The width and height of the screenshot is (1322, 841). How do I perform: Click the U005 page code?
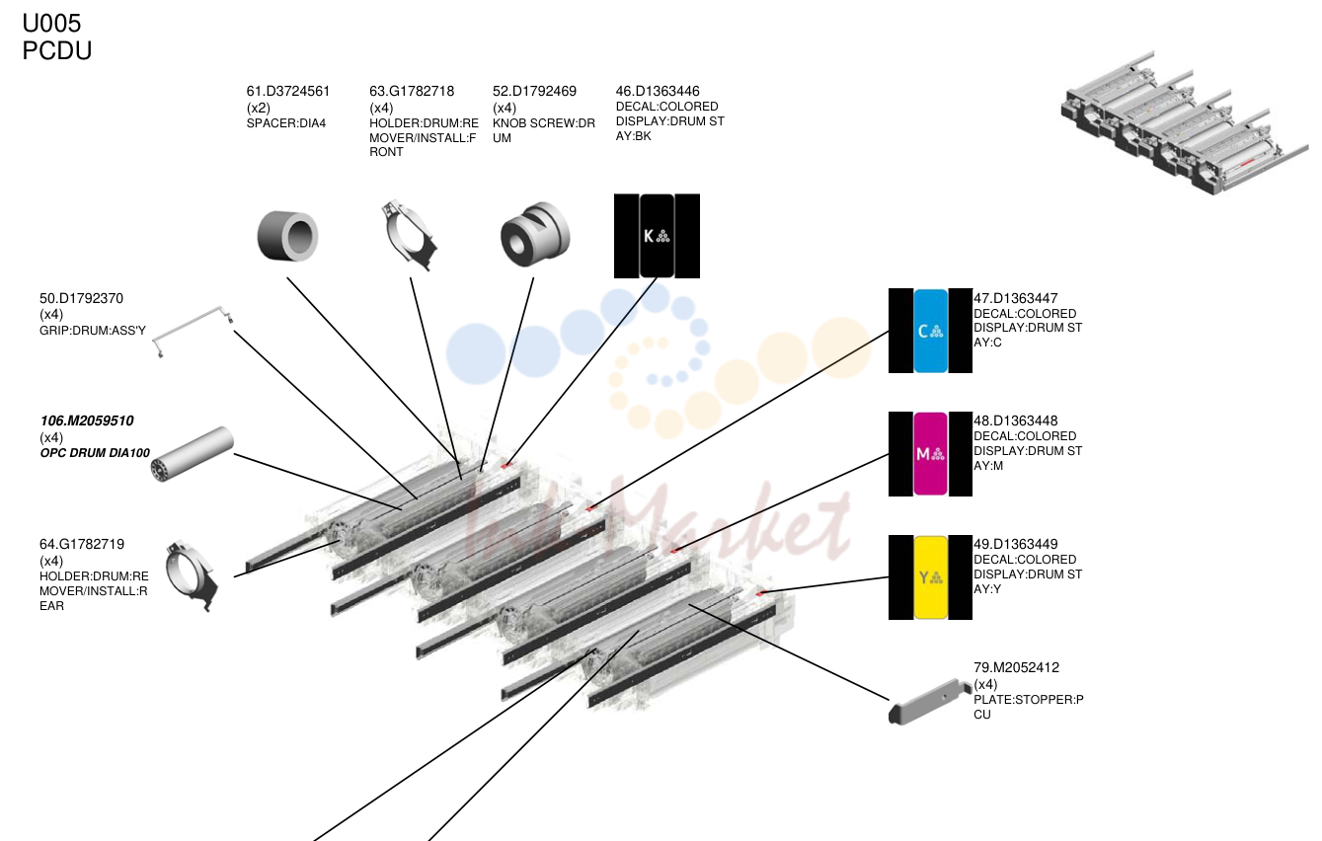tap(51, 24)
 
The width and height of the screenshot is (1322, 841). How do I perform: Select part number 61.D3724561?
tap(288, 91)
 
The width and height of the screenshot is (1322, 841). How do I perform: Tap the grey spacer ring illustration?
tap(288, 236)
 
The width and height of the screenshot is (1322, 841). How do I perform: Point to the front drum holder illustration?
tap(410, 236)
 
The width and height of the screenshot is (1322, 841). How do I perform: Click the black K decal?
tap(657, 236)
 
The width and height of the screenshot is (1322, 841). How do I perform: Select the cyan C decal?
tap(930, 331)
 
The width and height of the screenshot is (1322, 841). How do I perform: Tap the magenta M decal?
tap(930, 454)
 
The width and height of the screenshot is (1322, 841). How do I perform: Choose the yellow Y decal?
tap(930, 577)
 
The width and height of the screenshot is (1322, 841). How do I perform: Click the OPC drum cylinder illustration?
tap(193, 454)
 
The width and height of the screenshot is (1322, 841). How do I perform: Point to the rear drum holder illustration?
tap(192, 576)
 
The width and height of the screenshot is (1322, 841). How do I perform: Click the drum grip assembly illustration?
tap(193, 331)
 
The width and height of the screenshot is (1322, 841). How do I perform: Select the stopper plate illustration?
tap(929, 702)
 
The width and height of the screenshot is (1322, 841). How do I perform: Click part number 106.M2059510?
tap(87, 420)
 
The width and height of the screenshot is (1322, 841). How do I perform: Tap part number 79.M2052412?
tap(1016, 667)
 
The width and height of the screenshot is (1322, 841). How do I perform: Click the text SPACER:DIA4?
tap(286, 123)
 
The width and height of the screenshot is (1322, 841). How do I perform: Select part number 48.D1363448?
tap(1015, 420)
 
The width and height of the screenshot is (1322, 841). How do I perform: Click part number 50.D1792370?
tap(81, 298)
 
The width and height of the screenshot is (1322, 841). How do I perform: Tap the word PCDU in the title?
tap(56, 50)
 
